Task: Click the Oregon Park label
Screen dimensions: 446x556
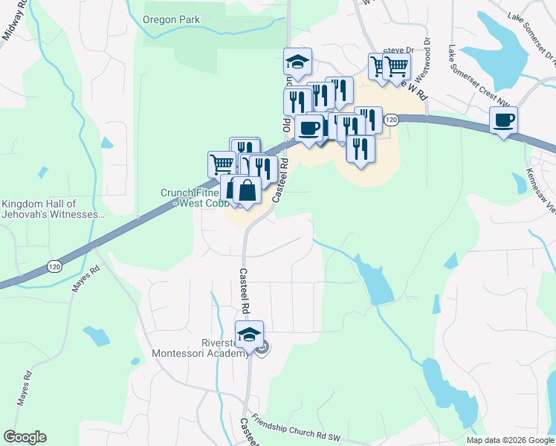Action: [x=171, y=20]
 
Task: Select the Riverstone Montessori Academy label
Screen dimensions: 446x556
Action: [x=199, y=348]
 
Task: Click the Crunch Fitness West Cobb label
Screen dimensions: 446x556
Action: [x=190, y=197]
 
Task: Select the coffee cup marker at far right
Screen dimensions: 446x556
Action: [x=503, y=120]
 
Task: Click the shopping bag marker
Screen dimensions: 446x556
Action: [x=247, y=190]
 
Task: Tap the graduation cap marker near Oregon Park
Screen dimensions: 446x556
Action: [x=297, y=62]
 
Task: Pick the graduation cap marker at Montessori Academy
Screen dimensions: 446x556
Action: [x=250, y=335]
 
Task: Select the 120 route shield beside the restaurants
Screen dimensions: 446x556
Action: [x=392, y=120]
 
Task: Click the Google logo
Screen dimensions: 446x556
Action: [x=25, y=436]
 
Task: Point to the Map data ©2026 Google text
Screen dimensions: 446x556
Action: [x=509, y=440]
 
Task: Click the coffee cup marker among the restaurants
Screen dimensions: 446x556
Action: [x=308, y=128]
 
